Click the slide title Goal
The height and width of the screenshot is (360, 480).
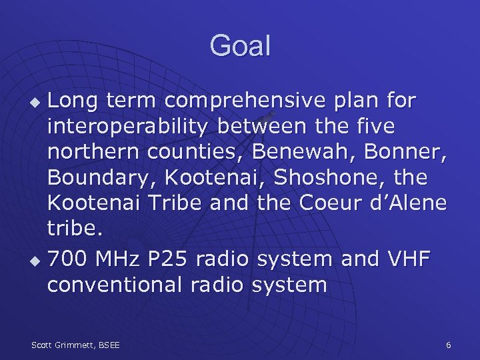tap(240, 46)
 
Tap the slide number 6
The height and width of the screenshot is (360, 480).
tap(448, 345)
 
